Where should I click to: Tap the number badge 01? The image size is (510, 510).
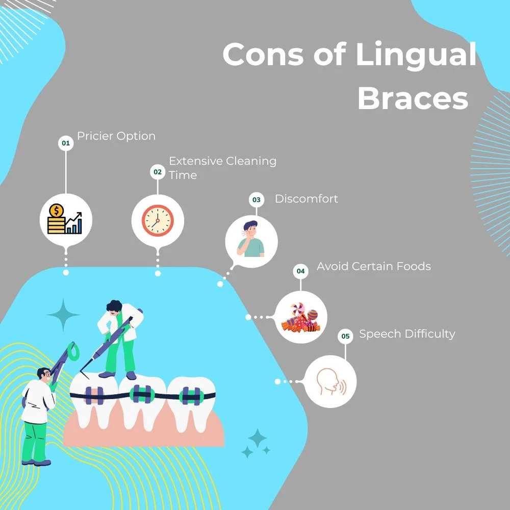tap(65, 143)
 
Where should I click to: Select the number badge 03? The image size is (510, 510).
tap(256, 199)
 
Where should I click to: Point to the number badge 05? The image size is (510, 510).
tap(346, 336)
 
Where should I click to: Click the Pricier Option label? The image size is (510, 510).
tap(116, 136)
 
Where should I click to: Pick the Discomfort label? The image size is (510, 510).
tap(307, 198)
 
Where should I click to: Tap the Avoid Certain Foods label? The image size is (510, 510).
tap(374, 266)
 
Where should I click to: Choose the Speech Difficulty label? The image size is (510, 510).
tap(407, 334)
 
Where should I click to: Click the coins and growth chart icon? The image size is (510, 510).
tap(66, 220)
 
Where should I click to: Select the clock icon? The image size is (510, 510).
tap(158, 220)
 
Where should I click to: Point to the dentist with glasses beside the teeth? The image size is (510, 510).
tap(38, 413)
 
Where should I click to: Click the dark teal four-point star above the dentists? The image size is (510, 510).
tap(64, 315)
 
